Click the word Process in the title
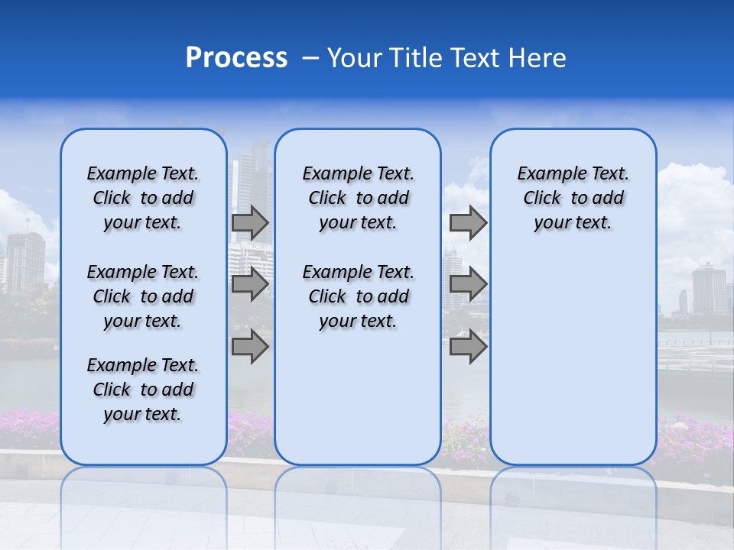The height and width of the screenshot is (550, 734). click(236, 58)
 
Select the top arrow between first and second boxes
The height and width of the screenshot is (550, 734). click(250, 223)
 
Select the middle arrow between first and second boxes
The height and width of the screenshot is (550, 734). click(250, 285)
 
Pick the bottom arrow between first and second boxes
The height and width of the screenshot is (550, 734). click(250, 347)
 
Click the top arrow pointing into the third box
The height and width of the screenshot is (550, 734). click(468, 223)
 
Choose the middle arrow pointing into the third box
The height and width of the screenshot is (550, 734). click(468, 285)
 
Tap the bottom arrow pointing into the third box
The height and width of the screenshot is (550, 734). click(468, 347)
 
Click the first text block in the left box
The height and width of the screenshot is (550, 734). click(143, 198)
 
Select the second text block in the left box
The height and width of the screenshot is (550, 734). click(143, 296)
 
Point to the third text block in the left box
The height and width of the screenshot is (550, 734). click(143, 390)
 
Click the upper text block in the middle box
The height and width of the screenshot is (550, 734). click(358, 198)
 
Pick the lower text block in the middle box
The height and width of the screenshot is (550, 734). click(358, 296)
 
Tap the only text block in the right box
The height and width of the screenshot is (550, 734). click(573, 198)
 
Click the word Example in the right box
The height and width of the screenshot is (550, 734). click(545, 173)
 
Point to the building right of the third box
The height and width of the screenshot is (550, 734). click(708, 290)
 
